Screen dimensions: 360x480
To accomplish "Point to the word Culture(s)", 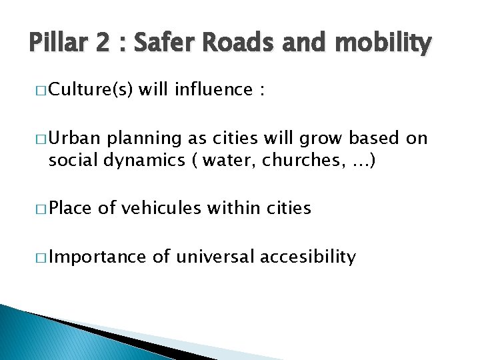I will point(90,89).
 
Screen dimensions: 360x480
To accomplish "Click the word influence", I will point(214,89).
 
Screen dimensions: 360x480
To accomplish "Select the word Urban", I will point(74,139).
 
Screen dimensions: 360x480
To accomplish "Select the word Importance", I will point(97,256).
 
